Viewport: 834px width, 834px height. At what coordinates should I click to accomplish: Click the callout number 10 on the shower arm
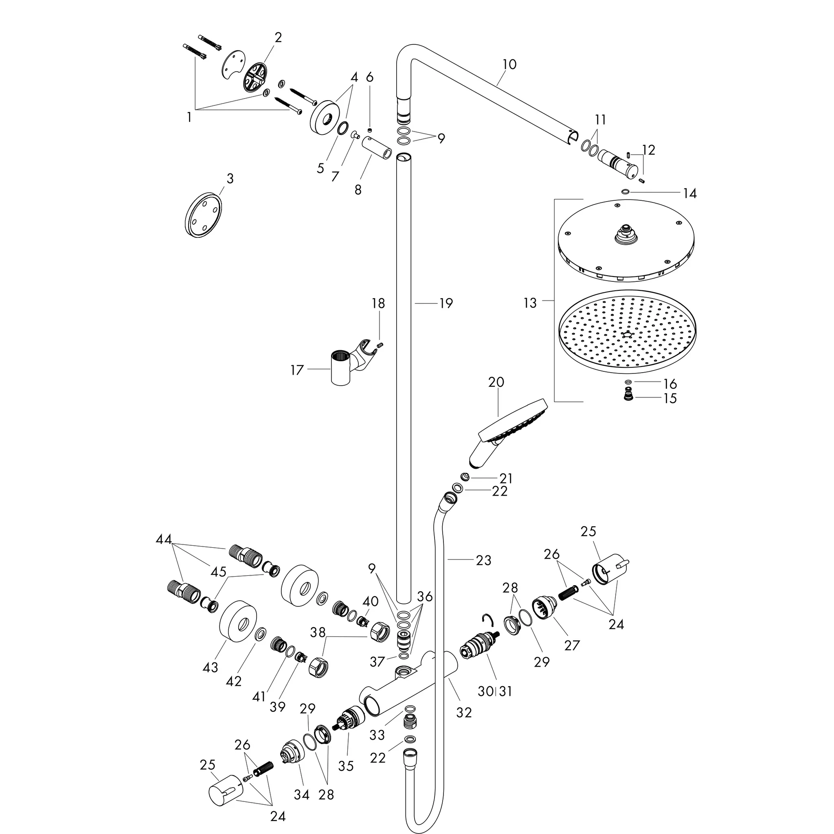point(509,64)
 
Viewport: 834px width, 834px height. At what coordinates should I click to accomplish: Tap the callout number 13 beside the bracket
point(530,303)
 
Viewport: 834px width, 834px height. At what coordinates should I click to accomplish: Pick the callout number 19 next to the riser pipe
point(446,303)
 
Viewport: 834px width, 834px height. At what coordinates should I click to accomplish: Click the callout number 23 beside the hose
point(483,560)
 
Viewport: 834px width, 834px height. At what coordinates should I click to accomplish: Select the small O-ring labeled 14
point(625,191)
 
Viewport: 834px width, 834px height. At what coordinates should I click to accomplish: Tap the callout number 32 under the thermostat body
point(464,712)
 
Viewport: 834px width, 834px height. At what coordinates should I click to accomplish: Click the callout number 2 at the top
point(278,37)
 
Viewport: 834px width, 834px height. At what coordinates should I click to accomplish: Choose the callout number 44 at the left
point(164,540)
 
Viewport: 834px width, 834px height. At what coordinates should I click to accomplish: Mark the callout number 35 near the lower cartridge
point(346,766)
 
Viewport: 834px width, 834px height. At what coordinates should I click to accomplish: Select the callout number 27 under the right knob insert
point(572,645)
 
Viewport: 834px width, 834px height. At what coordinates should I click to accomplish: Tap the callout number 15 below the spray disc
point(669,398)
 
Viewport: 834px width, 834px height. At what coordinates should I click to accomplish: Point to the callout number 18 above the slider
point(378,303)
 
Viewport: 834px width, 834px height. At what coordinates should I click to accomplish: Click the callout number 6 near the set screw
point(369,77)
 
